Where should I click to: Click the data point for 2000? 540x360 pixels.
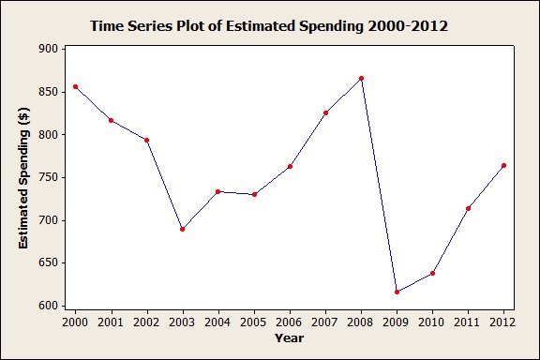76,86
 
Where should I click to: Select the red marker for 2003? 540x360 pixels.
183,229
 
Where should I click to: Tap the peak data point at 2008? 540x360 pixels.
361,79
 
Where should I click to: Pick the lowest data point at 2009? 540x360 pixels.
397,292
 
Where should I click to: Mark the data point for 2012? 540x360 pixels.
503,165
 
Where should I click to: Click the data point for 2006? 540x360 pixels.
290,166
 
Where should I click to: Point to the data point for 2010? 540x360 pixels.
432,273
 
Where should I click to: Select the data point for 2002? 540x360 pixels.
147,140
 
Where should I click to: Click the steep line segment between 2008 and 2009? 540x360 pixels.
379,186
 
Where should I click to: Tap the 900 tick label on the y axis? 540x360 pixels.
48,49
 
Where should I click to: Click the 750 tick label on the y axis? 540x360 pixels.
48,177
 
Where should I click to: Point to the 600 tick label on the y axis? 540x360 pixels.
48,306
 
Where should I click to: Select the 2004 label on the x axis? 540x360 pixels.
218,322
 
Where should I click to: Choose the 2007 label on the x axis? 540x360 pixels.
325,322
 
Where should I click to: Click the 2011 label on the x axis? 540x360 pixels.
468,322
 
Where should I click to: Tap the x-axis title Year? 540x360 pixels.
289,337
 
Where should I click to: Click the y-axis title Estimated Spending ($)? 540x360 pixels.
23,176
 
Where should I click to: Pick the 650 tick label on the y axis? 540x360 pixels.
48,262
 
